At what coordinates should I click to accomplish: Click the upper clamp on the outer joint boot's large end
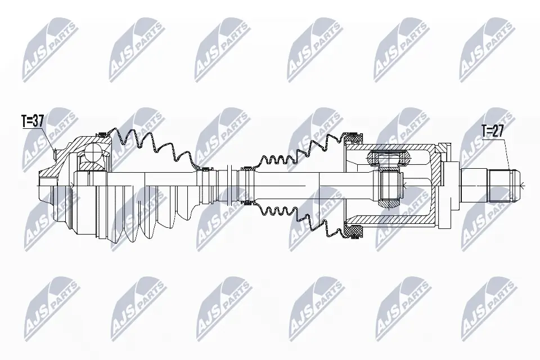click(102, 134)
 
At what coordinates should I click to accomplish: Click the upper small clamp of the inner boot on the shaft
click(245, 168)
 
